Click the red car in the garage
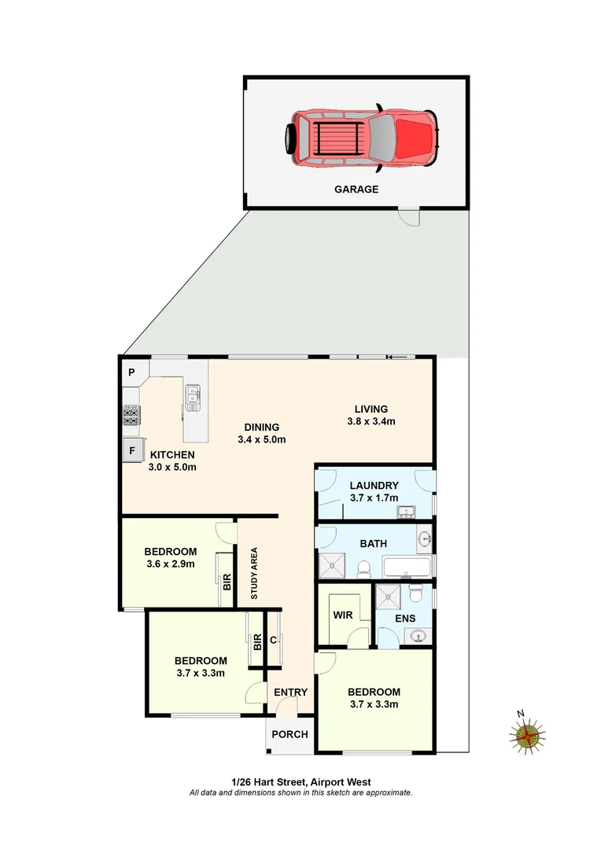(362, 138)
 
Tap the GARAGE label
(356, 189)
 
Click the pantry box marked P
(132, 373)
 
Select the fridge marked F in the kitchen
(132, 451)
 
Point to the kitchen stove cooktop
(131, 414)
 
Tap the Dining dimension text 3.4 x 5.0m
(260, 439)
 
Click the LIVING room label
(371, 409)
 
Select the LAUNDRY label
(374, 486)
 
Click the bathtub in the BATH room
(406, 567)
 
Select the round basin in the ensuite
(419, 636)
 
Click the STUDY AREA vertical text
(254, 573)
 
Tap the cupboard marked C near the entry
(274, 641)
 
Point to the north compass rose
(525, 736)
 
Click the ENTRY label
(290, 693)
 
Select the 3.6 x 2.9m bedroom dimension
(171, 564)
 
